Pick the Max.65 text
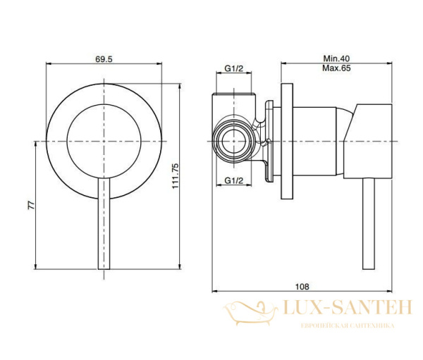[337, 68]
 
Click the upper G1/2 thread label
[234, 68]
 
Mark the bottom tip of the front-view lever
[104, 268]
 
